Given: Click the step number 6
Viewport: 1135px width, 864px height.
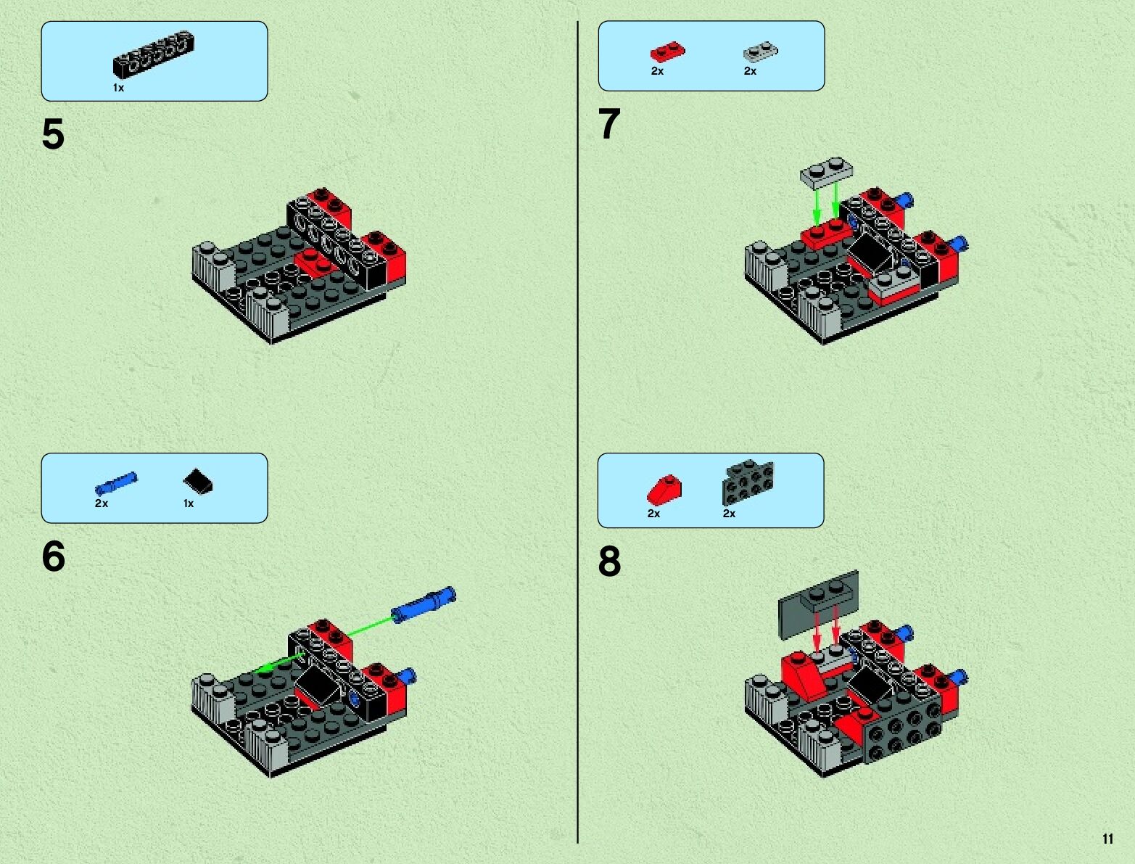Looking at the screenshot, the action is [x=53, y=556].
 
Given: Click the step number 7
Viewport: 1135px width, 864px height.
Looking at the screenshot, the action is [x=609, y=124].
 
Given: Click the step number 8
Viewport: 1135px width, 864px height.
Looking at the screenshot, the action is [x=609, y=561].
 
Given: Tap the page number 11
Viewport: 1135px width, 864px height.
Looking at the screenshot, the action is [x=1107, y=839].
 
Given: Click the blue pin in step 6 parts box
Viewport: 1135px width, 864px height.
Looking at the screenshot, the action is [x=116, y=483].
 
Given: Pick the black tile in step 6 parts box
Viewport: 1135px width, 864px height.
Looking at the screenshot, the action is [x=198, y=481].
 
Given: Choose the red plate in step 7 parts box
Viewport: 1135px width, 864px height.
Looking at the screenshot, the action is [x=667, y=52].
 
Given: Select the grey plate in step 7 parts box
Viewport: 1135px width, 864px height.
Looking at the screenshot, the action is [x=761, y=52].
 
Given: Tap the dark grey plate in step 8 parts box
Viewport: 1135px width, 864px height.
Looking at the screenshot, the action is [x=748, y=482].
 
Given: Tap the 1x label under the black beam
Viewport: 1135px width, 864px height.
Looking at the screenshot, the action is [x=118, y=88].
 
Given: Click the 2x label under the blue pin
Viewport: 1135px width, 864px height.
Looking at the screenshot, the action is [x=101, y=503].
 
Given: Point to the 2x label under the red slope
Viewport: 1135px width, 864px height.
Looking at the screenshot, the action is [x=653, y=514].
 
